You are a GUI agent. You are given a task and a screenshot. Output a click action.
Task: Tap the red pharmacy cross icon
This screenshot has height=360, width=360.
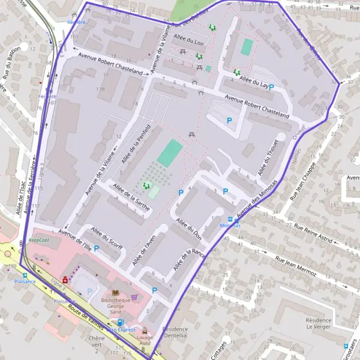pos(65,279)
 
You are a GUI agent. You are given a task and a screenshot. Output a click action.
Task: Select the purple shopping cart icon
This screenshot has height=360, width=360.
pos(134,296)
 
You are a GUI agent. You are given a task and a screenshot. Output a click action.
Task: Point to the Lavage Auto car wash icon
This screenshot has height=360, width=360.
pos(145,330)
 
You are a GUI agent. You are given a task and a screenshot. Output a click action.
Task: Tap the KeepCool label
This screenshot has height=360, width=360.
pos(39,240)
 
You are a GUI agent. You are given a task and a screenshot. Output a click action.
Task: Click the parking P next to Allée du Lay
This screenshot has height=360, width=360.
pos(271,88)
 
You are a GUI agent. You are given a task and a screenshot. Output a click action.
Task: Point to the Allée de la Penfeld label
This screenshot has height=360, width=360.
pos(134,144)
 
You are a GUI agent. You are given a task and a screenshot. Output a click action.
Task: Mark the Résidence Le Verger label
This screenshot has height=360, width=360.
pos(318,324)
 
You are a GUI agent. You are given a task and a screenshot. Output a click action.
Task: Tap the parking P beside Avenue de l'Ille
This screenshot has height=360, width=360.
pos(96,248)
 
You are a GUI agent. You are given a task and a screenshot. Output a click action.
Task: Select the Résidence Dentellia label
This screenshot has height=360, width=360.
pos(175,333)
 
